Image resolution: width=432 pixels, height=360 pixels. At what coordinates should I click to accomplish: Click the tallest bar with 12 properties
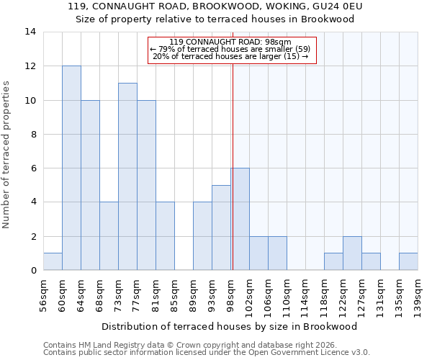coord(71,168)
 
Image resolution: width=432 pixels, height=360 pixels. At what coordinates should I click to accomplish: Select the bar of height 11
coord(127,176)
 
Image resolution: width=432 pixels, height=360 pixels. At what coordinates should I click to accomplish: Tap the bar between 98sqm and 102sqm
coord(240,219)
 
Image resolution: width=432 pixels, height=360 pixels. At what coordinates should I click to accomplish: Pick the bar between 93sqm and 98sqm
coord(221,228)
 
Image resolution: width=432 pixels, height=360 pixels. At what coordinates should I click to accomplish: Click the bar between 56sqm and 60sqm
coord(53,262)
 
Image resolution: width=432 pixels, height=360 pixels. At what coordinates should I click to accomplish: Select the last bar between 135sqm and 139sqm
coord(408,262)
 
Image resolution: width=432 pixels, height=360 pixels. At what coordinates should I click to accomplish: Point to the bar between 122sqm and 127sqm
coord(352,253)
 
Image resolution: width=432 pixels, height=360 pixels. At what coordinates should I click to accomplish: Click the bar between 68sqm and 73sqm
coord(109,236)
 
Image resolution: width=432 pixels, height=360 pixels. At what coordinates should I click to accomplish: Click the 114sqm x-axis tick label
coord(306,296)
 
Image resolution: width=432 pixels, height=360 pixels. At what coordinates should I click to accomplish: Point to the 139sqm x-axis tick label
coord(418,296)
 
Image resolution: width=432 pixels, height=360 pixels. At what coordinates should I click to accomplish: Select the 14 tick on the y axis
coord(30,32)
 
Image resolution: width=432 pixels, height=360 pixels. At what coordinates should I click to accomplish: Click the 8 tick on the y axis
coord(32,134)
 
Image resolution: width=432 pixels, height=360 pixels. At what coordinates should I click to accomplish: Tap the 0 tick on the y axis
coord(32,271)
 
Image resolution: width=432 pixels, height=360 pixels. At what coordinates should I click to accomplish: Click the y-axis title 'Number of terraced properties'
coord(7,155)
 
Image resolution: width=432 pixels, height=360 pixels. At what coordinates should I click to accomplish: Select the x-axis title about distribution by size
coord(230,326)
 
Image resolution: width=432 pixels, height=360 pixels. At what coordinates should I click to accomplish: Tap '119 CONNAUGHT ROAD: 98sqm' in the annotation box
coord(231,42)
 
